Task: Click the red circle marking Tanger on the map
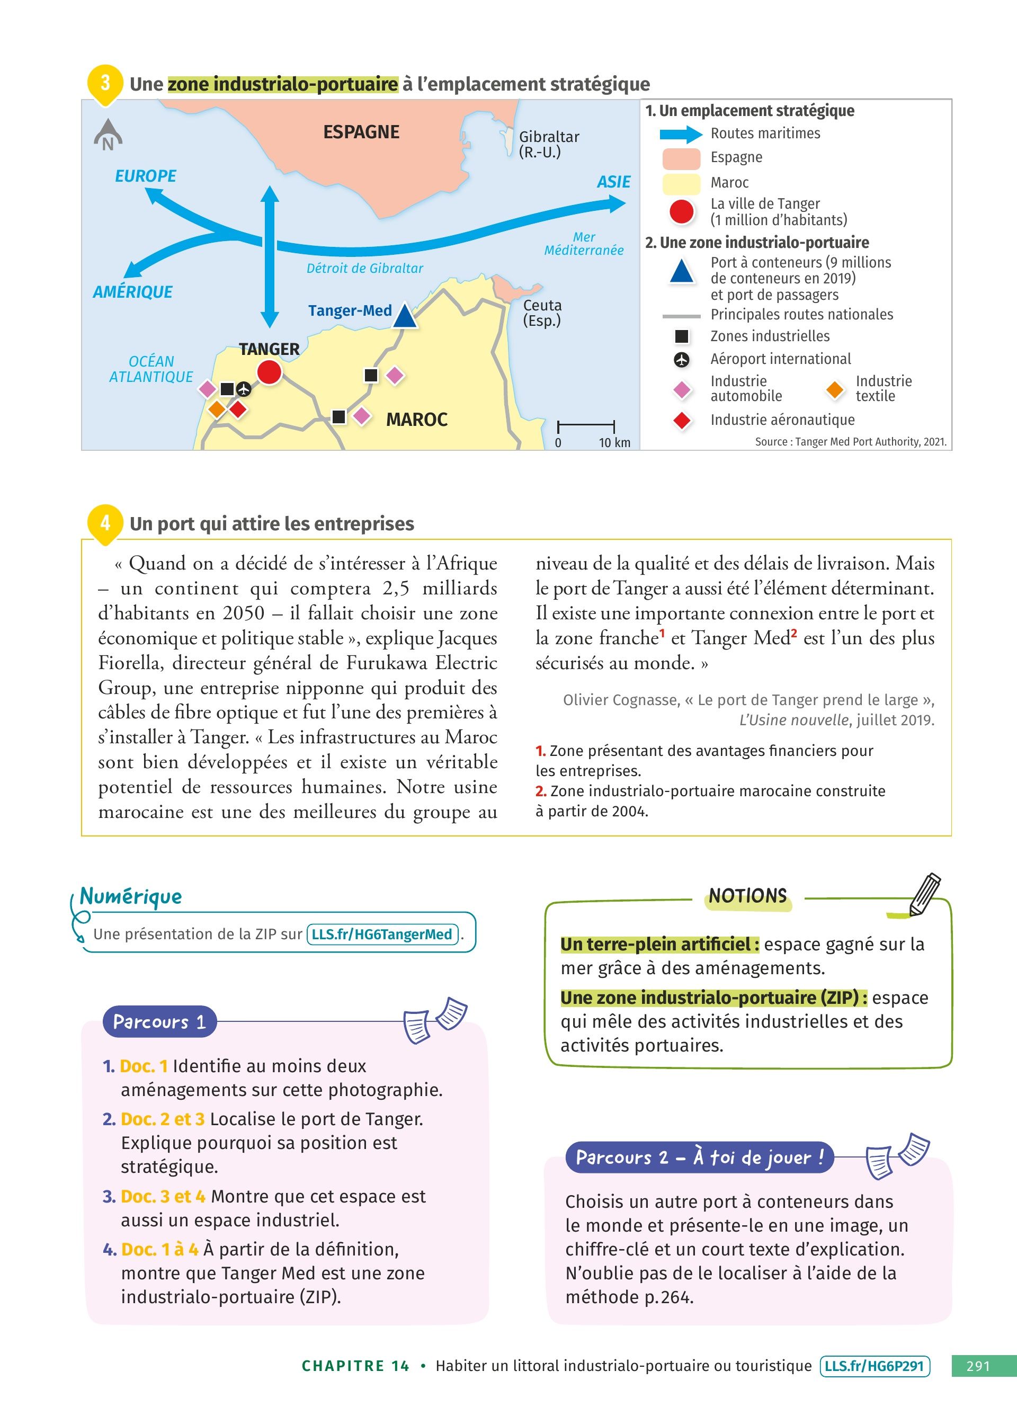(269, 372)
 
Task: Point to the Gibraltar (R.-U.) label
(548, 144)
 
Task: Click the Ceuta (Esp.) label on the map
(542, 313)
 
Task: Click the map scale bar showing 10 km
(586, 427)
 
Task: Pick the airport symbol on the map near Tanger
(244, 389)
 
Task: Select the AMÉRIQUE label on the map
(133, 291)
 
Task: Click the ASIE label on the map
(613, 182)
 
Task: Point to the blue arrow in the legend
(680, 134)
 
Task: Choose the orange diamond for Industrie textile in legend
(835, 389)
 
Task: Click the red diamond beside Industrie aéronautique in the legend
(682, 421)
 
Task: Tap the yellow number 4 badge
(105, 522)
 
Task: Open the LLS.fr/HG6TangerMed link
(382, 934)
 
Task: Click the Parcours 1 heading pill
(159, 1022)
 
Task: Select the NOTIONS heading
(748, 896)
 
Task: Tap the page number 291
(978, 1366)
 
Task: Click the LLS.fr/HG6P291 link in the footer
(875, 1366)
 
